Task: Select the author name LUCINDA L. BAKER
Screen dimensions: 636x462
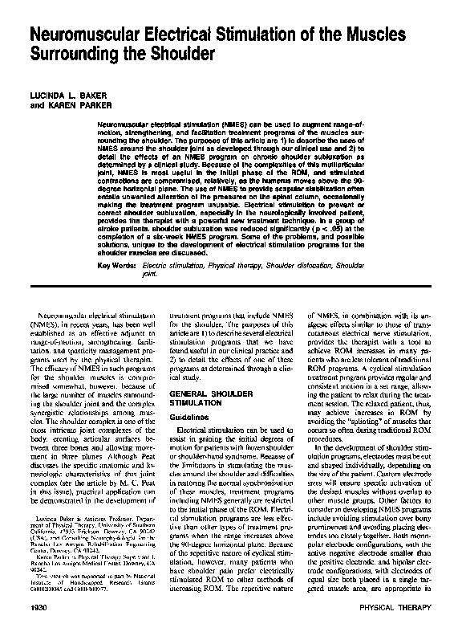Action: (70, 96)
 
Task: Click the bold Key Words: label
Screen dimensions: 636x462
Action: (116, 264)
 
